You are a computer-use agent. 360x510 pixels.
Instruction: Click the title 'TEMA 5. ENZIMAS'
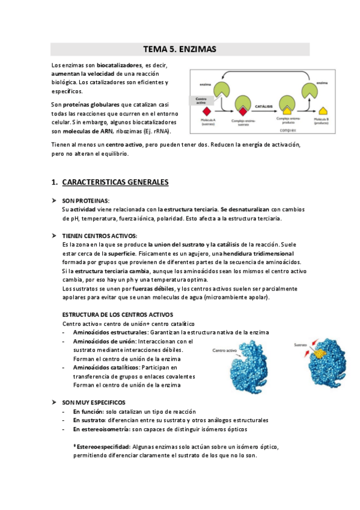pyautogui.click(x=180, y=49)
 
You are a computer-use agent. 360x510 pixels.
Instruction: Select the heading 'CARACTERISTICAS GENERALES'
pyautogui.click(x=115, y=182)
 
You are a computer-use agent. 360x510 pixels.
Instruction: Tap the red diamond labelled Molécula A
pyautogui.click(x=207, y=112)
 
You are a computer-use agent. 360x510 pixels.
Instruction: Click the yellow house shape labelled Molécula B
pyautogui.click(x=323, y=110)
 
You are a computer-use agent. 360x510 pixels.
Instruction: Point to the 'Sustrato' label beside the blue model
pyautogui.click(x=301, y=346)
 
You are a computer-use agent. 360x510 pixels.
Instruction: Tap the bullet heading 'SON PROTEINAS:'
pyautogui.click(x=85, y=200)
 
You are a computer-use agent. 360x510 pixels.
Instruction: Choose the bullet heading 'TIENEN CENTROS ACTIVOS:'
pyautogui.click(x=99, y=236)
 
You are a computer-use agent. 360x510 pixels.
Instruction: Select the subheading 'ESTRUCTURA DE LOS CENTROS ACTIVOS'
pyautogui.click(x=117, y=315)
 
